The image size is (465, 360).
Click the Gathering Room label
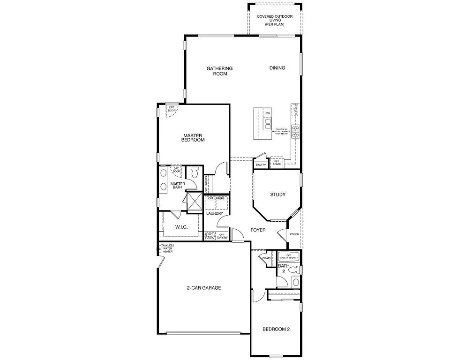219,71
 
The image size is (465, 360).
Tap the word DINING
277,68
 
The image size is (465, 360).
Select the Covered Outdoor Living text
275,20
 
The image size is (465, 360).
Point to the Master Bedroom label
193,137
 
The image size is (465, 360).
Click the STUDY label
277,195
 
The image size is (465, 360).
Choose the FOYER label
258,230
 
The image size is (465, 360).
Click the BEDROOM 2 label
276,329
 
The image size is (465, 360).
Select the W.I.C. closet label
181,227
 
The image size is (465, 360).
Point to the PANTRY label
261,165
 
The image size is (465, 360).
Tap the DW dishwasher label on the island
268,113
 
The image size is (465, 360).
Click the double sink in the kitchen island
268,123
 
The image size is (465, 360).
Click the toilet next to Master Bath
195,173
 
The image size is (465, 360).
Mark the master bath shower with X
193,202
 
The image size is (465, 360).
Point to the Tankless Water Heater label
167,248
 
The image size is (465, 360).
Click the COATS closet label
266,258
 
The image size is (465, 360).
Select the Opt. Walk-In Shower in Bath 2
289,257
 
